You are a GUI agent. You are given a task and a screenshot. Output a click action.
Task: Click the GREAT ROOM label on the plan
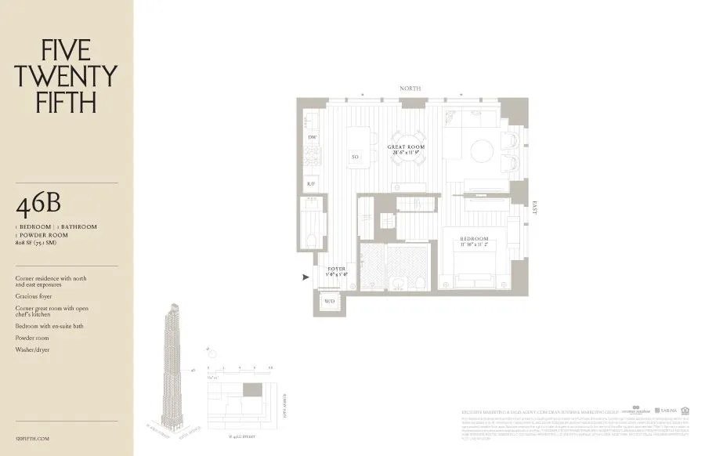click(406, 147)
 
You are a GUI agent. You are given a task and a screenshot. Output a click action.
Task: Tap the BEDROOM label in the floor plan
click(474, 239)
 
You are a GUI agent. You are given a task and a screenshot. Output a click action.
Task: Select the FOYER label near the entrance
click(336, 270)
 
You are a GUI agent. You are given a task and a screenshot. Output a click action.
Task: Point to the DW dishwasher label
click(312, 137)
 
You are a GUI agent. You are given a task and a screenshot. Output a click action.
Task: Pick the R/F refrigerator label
click(312, 183)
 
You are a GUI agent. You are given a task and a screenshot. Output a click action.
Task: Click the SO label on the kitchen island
click(355, 157)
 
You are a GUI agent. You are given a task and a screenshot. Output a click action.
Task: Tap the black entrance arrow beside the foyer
click(305, 276)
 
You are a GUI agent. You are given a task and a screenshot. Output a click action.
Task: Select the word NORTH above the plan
click(410, 89)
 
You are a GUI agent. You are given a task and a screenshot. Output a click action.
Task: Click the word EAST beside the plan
click(535, 208)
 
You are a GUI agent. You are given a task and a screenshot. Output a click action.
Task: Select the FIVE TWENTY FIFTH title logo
click(67, 76)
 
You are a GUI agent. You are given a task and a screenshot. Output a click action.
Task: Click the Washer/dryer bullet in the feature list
click(32, 349)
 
